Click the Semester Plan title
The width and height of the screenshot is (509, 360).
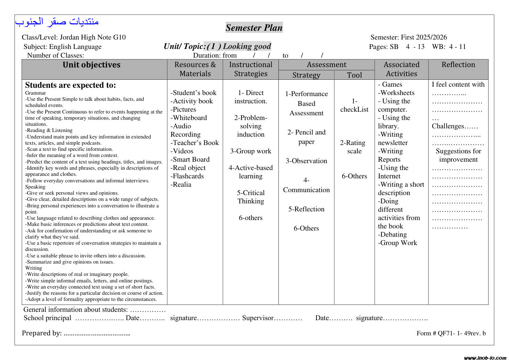[x=254, y=28]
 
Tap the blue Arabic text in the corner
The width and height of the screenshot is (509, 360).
[x=57, y=22]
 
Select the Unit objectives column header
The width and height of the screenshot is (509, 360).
[x=91, y=65]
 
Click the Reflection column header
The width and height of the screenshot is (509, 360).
[x=458, y=65]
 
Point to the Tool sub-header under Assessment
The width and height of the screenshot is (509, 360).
[x=354, y=75]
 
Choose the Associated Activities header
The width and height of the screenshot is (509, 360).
[x=401, y=69]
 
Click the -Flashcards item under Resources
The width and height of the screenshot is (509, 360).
[x=187, y=176]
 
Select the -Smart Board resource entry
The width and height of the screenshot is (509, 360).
[x=190, y=160]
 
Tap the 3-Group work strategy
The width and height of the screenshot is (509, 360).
[x=251, y=151]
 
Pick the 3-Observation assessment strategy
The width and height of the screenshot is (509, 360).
[x=306, y=161]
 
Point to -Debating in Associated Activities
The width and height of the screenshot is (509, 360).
[x=393, y=235]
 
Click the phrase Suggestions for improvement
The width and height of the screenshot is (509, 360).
[x=458, y=155]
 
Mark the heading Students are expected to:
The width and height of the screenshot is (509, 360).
[x=70, y=85]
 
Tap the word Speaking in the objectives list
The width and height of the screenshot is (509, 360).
[x=35, y=187]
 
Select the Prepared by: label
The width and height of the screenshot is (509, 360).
[x=42, y=333]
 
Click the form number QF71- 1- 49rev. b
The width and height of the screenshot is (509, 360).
[x=451, y=333]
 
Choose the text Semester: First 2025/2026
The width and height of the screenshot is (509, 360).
[x=409, y=37]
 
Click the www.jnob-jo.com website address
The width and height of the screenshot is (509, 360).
[x=485, y=357]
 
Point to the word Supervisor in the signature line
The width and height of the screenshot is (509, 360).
[x=258, y=318]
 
